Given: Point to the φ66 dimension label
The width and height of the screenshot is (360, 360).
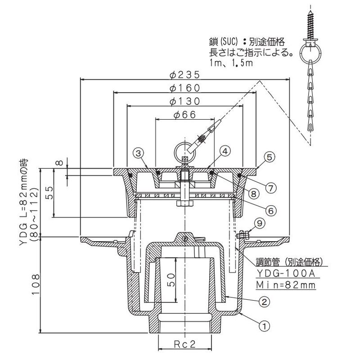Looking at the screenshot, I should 184,115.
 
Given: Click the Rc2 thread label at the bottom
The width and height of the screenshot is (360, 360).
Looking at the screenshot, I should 185,345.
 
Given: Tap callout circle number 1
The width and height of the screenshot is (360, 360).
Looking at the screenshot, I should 265,323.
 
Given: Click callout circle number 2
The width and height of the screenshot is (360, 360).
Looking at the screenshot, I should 265,301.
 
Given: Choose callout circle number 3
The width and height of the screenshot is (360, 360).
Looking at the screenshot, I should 140,153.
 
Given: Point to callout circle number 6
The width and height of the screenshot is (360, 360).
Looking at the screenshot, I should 270,209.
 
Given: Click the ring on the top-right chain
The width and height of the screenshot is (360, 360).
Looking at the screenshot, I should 310,54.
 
